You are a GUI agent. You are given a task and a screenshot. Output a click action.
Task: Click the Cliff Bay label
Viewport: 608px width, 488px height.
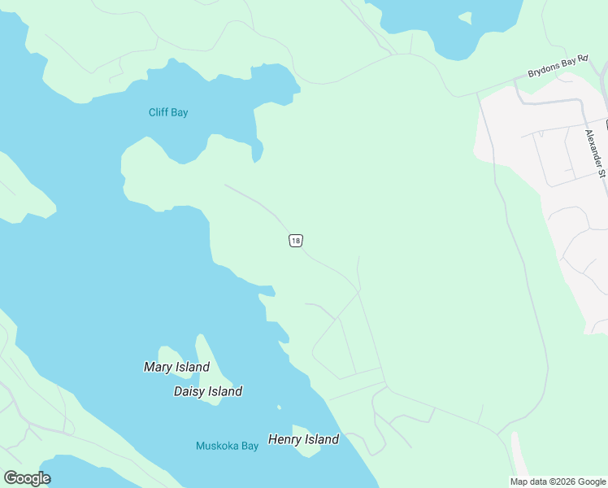[168, 112]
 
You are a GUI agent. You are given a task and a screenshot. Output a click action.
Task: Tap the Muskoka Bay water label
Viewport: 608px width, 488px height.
[227, 446]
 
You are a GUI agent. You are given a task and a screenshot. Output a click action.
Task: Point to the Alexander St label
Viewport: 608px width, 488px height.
[596, 153]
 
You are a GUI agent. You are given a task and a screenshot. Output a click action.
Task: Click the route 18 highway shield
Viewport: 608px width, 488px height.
[295, 241]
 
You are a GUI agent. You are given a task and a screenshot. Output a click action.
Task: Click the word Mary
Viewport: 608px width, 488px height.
[158, 367]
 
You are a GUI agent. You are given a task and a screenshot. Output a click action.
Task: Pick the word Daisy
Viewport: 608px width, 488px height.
[189, 391]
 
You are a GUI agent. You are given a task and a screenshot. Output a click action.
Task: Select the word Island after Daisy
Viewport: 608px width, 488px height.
[224, 391]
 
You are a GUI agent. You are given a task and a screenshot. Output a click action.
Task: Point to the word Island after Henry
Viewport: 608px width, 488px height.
[321, 439]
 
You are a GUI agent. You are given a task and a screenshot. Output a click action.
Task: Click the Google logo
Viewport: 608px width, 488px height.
[27, 478]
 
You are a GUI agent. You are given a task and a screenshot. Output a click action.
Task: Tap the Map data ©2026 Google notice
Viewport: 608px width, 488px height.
[558, 481]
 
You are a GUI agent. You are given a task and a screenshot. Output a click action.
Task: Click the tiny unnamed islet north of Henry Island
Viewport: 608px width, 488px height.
[279, 407]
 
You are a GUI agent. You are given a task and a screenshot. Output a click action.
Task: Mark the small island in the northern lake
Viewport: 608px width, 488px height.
[464, 17]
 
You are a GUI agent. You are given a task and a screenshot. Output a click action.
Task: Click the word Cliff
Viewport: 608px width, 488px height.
[158, 112]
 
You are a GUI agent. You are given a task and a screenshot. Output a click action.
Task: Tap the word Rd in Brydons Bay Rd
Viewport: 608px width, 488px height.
[582, 60]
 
